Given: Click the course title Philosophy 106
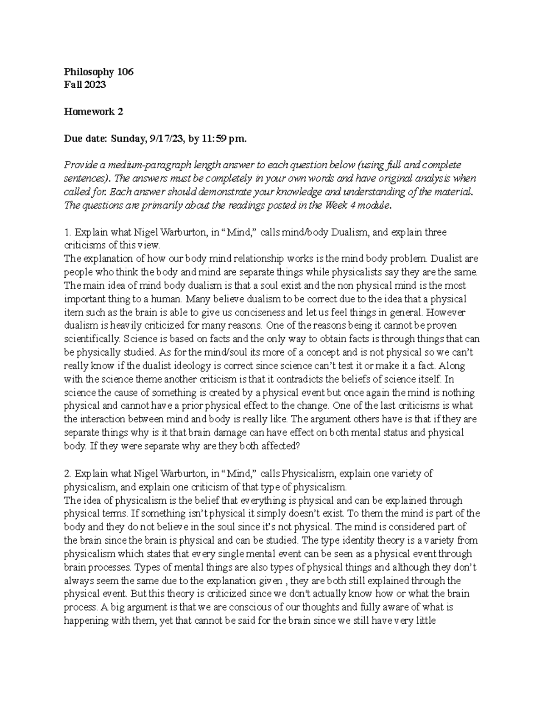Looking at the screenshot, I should tap(99, 71).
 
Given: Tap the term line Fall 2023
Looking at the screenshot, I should tap(85, 85).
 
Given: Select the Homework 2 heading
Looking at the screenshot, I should tap(93, 111).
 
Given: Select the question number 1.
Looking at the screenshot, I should tap(67, 232).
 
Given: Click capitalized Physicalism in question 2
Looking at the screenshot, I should tap(307, 473).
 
